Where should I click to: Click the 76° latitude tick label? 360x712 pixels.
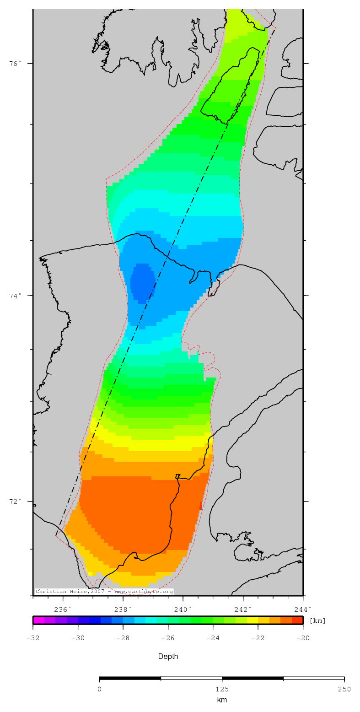16,64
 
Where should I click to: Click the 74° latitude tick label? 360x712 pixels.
16,296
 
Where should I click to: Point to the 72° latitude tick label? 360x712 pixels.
16,501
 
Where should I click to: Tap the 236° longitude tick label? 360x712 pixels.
63,609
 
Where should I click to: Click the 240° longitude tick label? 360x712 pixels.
183,609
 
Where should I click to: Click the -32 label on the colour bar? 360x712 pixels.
32,638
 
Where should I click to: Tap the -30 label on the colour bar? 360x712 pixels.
78,638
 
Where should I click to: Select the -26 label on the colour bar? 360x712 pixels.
168,638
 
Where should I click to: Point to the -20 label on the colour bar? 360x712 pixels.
303,638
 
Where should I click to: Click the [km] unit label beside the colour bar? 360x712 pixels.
317,620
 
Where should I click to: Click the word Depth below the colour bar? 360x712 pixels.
168,657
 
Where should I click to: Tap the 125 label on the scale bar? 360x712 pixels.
222,690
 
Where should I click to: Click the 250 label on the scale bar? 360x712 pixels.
344,690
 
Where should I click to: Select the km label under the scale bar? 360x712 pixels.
222,700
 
